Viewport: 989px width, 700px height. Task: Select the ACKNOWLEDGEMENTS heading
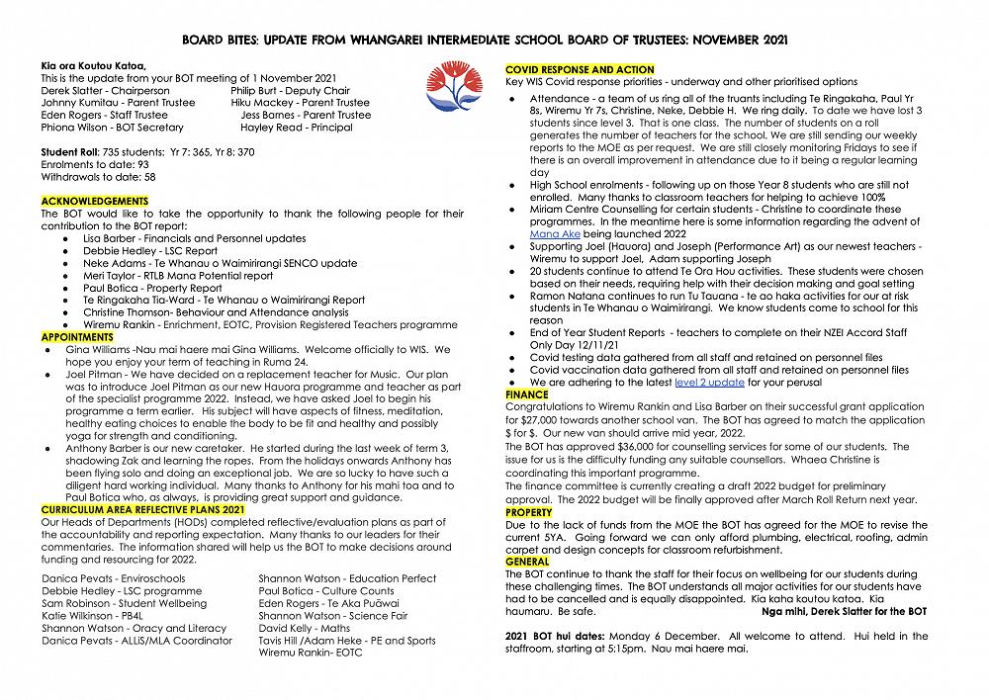coord(94,201)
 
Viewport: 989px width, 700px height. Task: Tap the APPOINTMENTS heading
coord(77,337)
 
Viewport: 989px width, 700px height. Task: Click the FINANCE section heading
coord(527,394)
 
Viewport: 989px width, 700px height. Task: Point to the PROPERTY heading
coord(529,512)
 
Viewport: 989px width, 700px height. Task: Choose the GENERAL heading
coord(527,562)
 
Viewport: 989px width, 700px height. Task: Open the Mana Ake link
coord(555,233)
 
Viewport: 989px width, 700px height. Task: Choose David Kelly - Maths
coord(304,628)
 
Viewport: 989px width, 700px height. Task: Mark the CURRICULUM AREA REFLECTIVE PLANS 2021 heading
coord(142,508)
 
